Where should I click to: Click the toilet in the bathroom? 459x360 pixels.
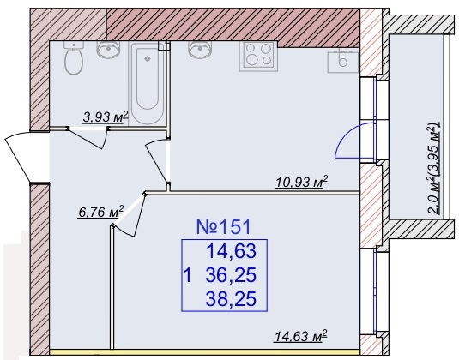(x=74, y=57)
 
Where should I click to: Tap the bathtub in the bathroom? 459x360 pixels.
(x=147, y=84)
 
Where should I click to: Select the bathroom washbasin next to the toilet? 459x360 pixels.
(x=108, y=49)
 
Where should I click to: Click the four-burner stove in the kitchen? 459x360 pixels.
(x=258, y=57)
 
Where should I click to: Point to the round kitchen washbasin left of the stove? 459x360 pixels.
(x=200, y=49)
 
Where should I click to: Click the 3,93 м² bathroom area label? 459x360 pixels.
(x=106, y=117)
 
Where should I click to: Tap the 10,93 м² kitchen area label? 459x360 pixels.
(x=302, y=182)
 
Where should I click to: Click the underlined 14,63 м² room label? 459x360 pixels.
(x=300, y=336)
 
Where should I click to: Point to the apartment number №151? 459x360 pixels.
(x=224, y=227)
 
